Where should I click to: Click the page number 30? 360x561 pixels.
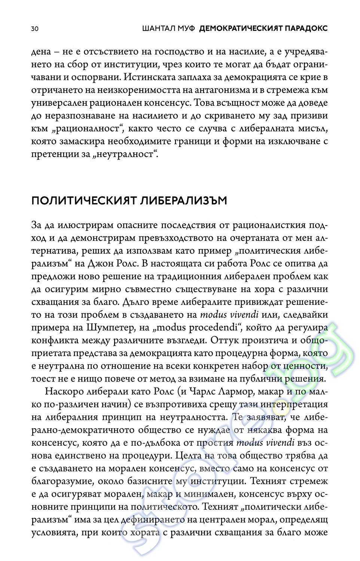(x=35, y=28)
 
